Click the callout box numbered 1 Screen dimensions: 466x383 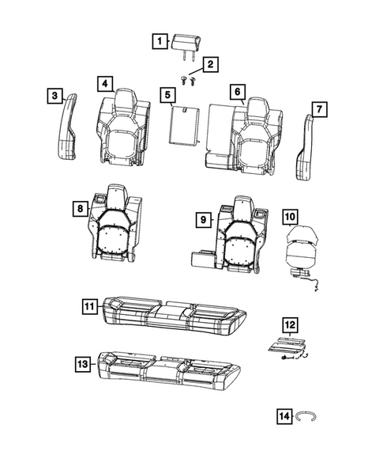tap(160, 41)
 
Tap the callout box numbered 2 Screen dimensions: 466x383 tap(210, 65)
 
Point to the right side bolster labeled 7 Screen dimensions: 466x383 tap(306, 146)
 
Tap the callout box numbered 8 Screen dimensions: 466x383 tap(79, 208)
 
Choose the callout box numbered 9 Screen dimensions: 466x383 tap(202, 218)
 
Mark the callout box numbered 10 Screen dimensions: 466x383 tap(290, 215)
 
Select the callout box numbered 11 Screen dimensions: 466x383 tap(90, 305)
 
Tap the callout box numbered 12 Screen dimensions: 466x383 tap(290, 324)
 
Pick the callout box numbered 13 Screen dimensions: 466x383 tap(82, 363)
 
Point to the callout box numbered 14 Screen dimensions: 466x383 tap(283, 416)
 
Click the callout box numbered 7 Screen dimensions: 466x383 tap(319, 108)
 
